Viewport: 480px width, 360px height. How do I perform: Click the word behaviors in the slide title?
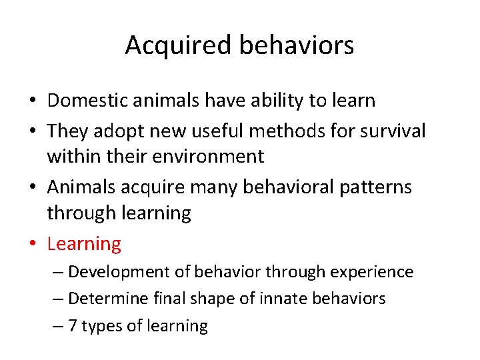click(x=296, y=45)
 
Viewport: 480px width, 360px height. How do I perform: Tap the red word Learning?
click(x=84, y=244)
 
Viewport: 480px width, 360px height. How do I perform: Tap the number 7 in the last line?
click(x=73, y=326)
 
